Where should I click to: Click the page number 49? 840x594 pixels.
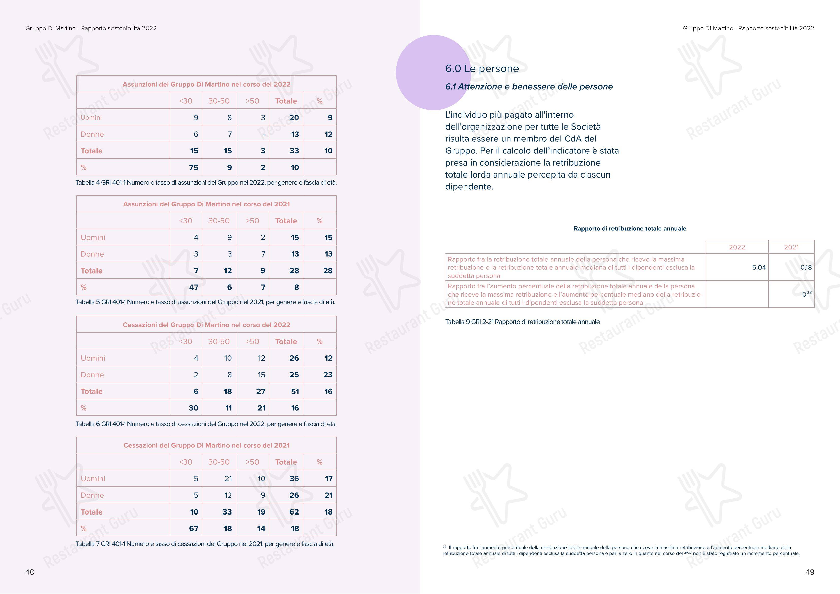point(810,572)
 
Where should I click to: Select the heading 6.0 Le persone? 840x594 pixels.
point(482,68)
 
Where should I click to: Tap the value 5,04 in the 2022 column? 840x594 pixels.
point(759,267)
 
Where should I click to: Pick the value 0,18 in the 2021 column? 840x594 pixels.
point(806,267)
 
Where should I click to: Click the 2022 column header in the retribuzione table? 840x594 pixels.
point(737,247)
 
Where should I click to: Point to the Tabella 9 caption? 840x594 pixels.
point(522,322)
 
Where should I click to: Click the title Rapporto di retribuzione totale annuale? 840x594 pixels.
point(630,228)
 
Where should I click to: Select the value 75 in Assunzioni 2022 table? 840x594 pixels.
point(193,167)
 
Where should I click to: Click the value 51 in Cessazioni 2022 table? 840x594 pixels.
point(295,391)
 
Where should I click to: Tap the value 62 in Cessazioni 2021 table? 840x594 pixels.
point(294,512)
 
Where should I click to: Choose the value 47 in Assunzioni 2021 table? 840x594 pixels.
point(193,287)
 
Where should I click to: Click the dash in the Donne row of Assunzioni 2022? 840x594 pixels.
point(263,134)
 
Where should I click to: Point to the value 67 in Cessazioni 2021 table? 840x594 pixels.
point(193,528)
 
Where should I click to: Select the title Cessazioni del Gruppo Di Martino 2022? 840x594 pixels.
point(206,325)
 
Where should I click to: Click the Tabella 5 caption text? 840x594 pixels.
point(205,302)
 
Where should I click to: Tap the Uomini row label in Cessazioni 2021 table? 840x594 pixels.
point(93,479)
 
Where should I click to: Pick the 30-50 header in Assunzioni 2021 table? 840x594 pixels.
point(219,221)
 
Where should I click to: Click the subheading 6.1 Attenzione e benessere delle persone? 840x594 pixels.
point(529,87)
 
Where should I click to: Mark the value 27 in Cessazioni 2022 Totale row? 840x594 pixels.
point(261,391)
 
